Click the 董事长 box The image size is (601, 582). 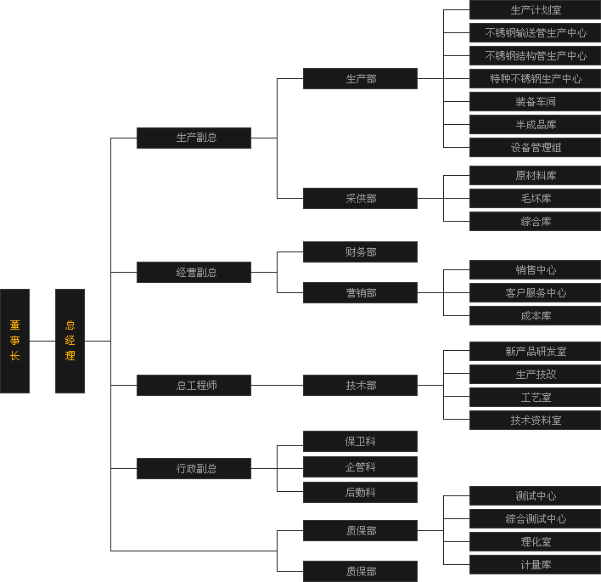tap(14, 341)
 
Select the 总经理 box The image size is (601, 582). tap(70, 341)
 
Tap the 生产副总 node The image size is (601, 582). tap(194, 138)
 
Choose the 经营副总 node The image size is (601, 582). tap(194, 273)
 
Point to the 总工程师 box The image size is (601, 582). tap(194, 386)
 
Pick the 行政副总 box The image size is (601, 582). tap(194, 468)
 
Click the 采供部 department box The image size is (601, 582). tap(360, 199)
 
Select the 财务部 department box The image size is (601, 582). tap(360, 252)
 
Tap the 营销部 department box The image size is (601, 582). tap(360, 293)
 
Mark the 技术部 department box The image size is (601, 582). tap(360, 386)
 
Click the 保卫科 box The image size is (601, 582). tap(360, 442)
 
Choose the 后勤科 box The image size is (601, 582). tap(360, 493)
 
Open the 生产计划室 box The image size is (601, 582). tap(535, 10)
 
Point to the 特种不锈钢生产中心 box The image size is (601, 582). tap(535, 79)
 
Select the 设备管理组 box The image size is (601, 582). tap(535, 148)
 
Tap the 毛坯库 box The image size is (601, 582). tap(535, 199)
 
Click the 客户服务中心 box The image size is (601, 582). tap(535, 293)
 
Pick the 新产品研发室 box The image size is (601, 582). tap(535, 352)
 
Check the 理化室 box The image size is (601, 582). tap(535, 542)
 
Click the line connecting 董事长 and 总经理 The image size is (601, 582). tap(42, 341)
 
